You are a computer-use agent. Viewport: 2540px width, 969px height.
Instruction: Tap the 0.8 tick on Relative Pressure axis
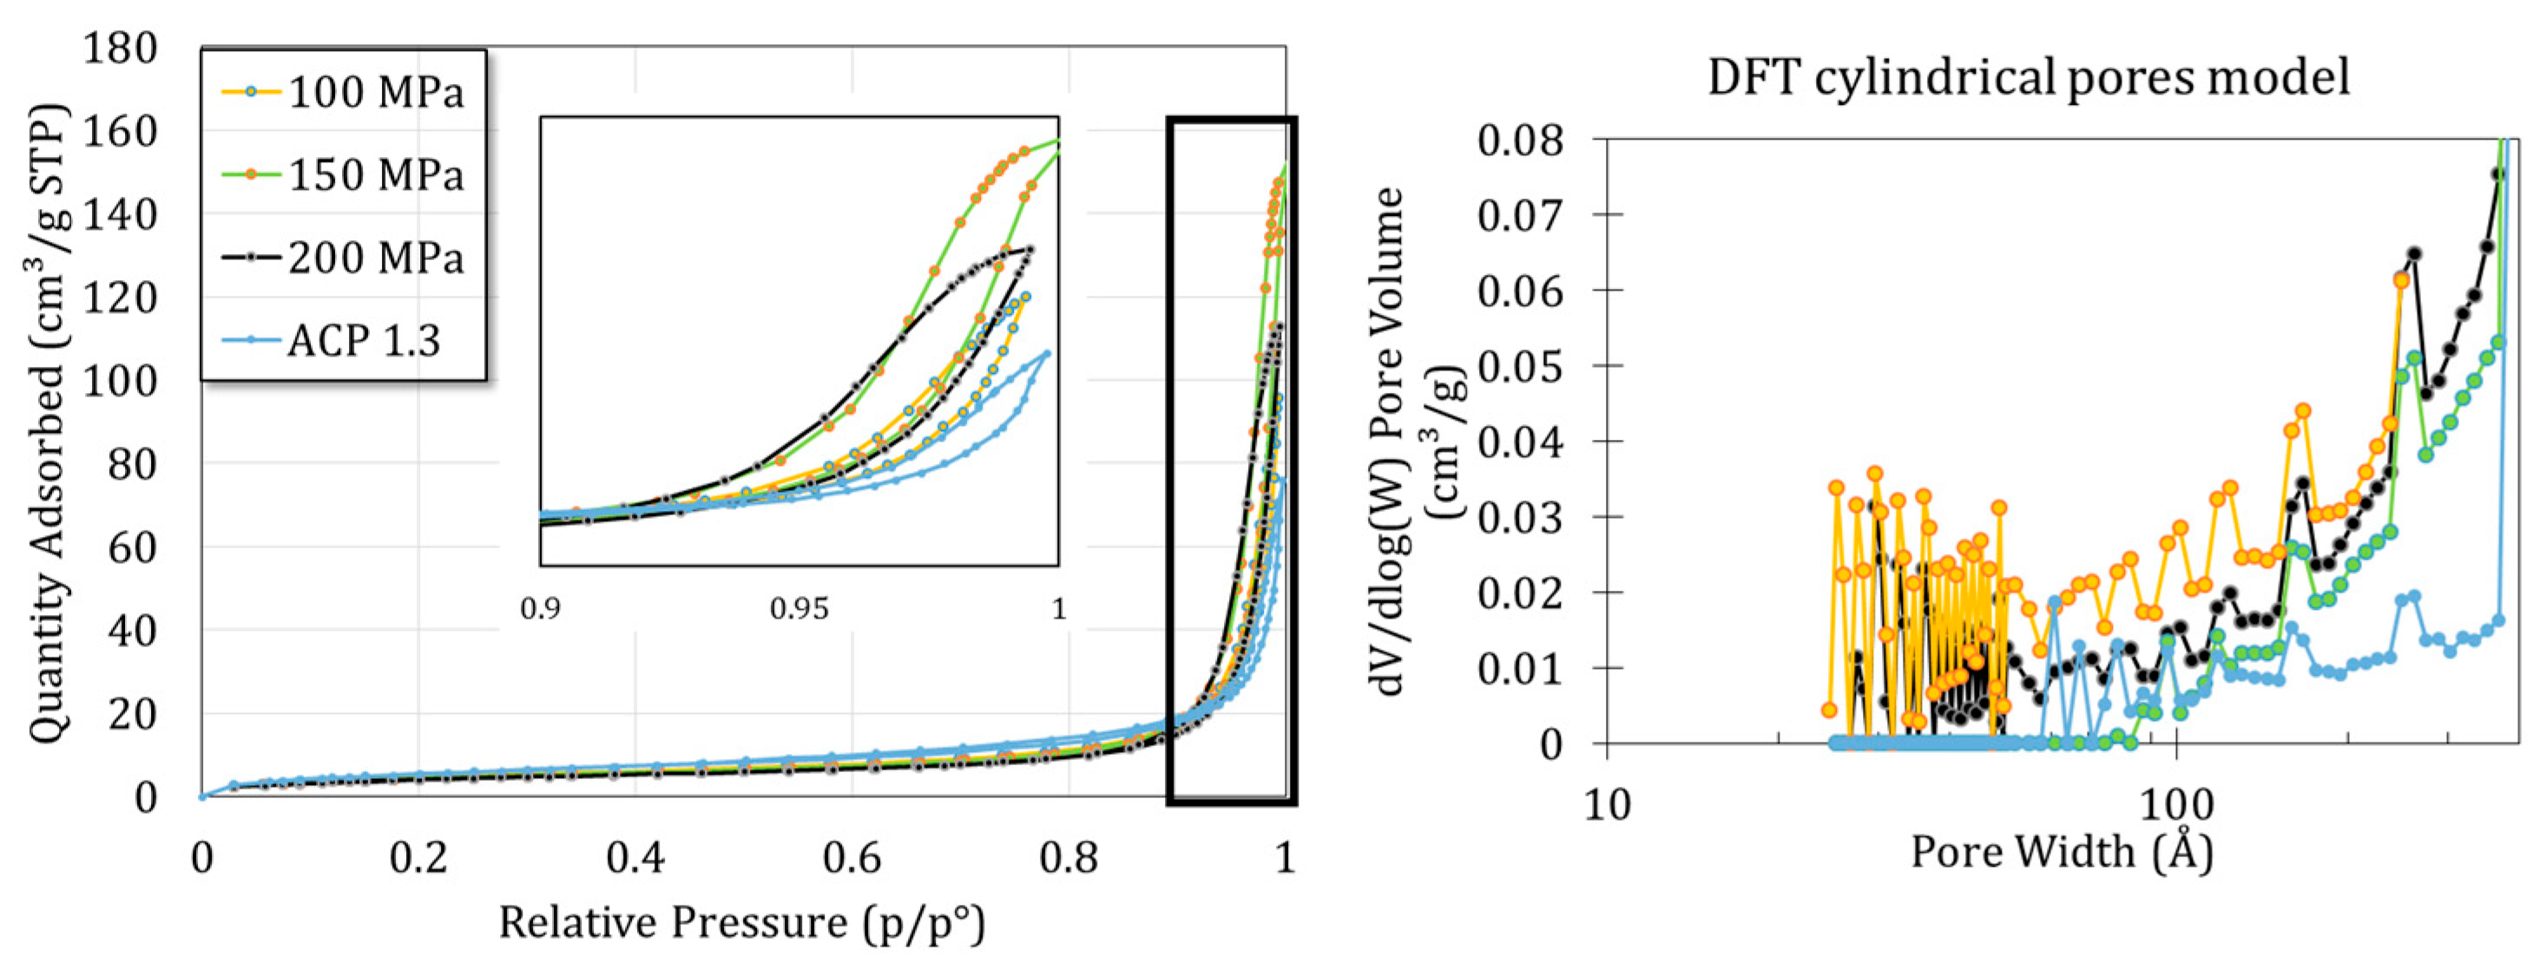click(x=1068, y=859)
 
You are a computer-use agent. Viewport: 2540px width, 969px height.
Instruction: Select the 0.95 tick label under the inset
click(x=799, y=609)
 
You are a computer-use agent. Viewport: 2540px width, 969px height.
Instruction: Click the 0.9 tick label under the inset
click(x=540, y=609)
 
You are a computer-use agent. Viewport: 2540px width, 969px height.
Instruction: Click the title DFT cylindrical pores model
click(x=2028, y=77)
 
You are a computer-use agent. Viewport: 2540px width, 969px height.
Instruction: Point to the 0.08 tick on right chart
click(x=1521, y=140)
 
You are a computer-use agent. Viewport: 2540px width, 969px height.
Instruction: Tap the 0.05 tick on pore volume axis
click(x=1521, y=367)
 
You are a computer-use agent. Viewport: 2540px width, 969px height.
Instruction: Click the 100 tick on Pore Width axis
click(x=2175, y=805)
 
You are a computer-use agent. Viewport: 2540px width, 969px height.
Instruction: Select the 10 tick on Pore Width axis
click(x=1607, y=805)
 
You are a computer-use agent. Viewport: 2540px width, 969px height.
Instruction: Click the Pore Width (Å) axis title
click(x=2062, y=852)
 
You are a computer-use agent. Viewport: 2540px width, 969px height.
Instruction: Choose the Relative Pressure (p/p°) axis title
click(x=741, y=924)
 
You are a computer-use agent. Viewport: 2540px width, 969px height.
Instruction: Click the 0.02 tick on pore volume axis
click(x=1521, y=593)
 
